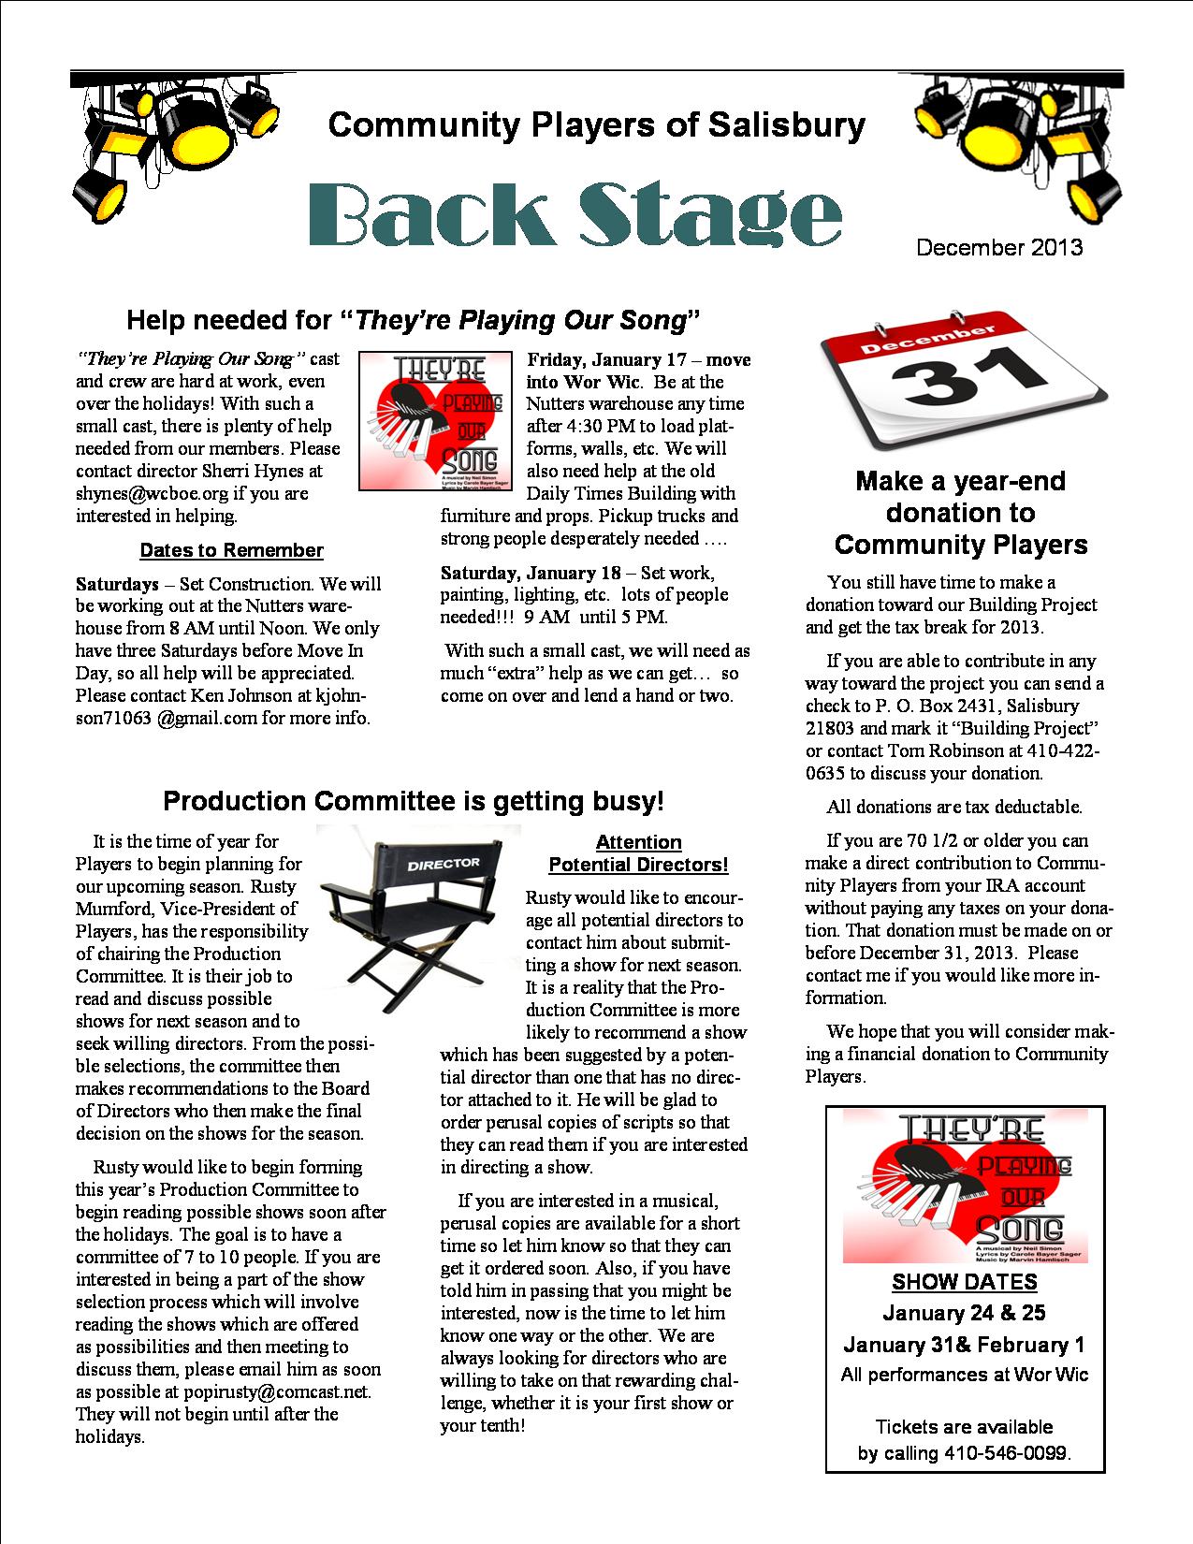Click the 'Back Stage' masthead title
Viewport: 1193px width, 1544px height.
pyautogui.click(x=575, y=214)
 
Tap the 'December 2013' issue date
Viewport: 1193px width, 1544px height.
pyautogui.click(x=999, y=248)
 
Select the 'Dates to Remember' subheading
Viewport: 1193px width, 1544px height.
pyautogui.click(x=231, y=550)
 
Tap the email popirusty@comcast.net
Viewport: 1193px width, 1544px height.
pyautogui.click(x=277, y=1391)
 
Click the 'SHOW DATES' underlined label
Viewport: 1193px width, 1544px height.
pyautogui.click(x=964, y=1282)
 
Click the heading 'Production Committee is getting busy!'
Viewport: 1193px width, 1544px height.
pyautogui.click(x=414, y=801)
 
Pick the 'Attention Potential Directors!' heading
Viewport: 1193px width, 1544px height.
pyautogui.click(x=638, y=853)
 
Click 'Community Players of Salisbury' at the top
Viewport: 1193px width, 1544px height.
pyautogui.click(x=597, y=124)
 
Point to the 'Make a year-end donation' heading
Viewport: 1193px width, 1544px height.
pyautogui.click(x=961, y=513)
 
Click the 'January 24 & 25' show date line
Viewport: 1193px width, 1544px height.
pyautogui.click(x=964, y=1313)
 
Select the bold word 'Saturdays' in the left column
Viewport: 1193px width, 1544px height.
pyautogui.click(x=117, y=584)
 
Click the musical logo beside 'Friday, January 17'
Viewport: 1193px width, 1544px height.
pyautogui.click(x=435, y=420)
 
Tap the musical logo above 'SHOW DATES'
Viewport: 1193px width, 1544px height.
pyautogui.click(x=964, y=1186)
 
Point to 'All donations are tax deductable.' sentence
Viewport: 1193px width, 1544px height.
pyautogui.click(x=953, y=807)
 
